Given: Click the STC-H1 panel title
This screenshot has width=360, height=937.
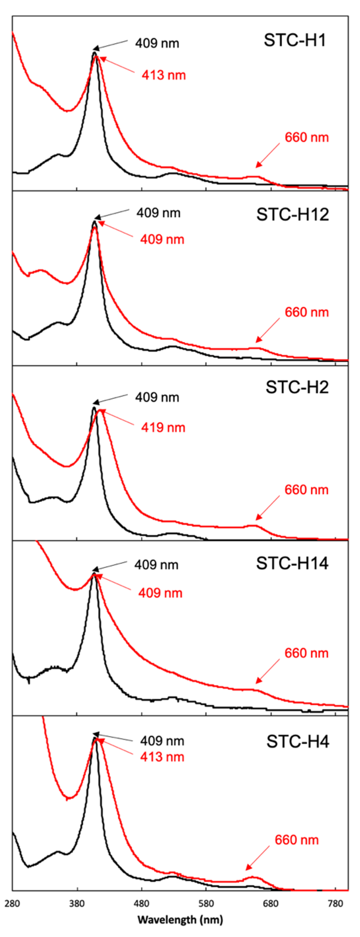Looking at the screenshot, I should (295, 40).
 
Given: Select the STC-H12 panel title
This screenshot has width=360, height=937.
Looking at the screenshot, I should (292, 215).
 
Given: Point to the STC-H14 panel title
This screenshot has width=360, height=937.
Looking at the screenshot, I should (292, 563).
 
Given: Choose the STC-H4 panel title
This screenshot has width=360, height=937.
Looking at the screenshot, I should (297, 741).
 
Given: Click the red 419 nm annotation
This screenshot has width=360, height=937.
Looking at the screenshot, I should (163, 427).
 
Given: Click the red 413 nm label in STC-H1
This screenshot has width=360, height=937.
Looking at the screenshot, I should (164, 75).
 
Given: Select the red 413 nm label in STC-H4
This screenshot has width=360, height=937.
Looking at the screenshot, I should (162, 757).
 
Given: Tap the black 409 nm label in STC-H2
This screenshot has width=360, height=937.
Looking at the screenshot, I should (157, 397).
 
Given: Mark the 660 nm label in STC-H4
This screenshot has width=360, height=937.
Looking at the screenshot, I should (297, 840).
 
